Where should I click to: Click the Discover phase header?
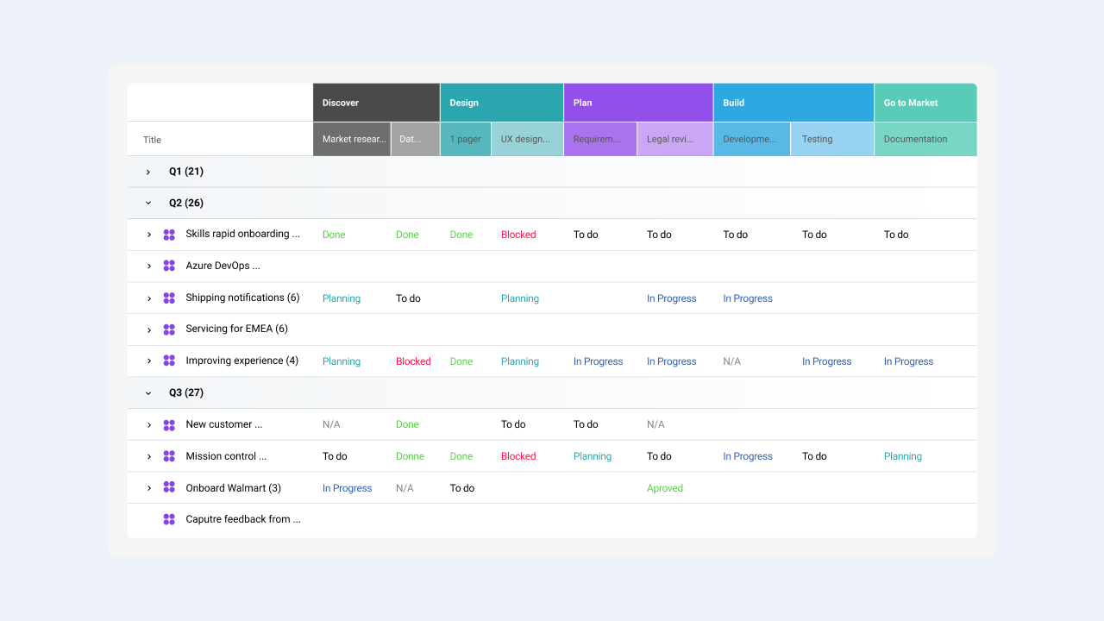(x=376, y=103)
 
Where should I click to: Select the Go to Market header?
(x=925, y=103)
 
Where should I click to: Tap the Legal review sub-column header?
(x=674, y=140)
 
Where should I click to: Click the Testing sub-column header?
(x=832, y=140)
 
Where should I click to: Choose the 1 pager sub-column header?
(x=465, y=140)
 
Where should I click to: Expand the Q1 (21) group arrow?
(x=147, y=172)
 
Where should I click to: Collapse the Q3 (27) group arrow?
(x=147, y=393)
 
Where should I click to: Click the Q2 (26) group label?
(x=185, y=203)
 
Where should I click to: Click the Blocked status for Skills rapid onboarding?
(x=518, y=235)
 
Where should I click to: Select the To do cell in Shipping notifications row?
(x=408, y=298)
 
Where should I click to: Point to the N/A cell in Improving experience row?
(x=732, y=361)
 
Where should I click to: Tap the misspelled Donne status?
(x=410, y=456)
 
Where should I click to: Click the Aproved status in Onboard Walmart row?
(x=664, y=488)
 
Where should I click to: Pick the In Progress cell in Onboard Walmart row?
(x=347, y=488)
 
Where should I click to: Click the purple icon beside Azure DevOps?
(x=169, y=267)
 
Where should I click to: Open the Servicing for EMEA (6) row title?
(x=236, y=329)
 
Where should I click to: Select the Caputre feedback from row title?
(x=243, y=519)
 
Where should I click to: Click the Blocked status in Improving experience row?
(x=413, y=361)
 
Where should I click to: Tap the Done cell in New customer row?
(x=407, y=424)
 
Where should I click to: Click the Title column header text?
(x=152, y=140)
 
